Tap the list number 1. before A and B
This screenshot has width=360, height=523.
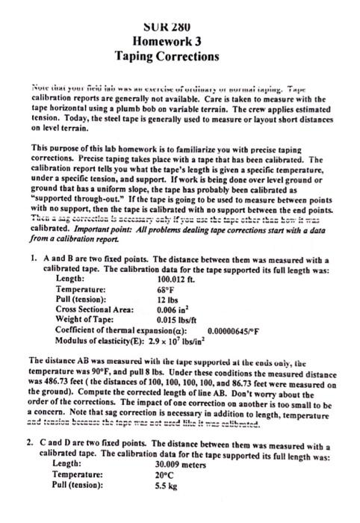(x=25, y=258)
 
